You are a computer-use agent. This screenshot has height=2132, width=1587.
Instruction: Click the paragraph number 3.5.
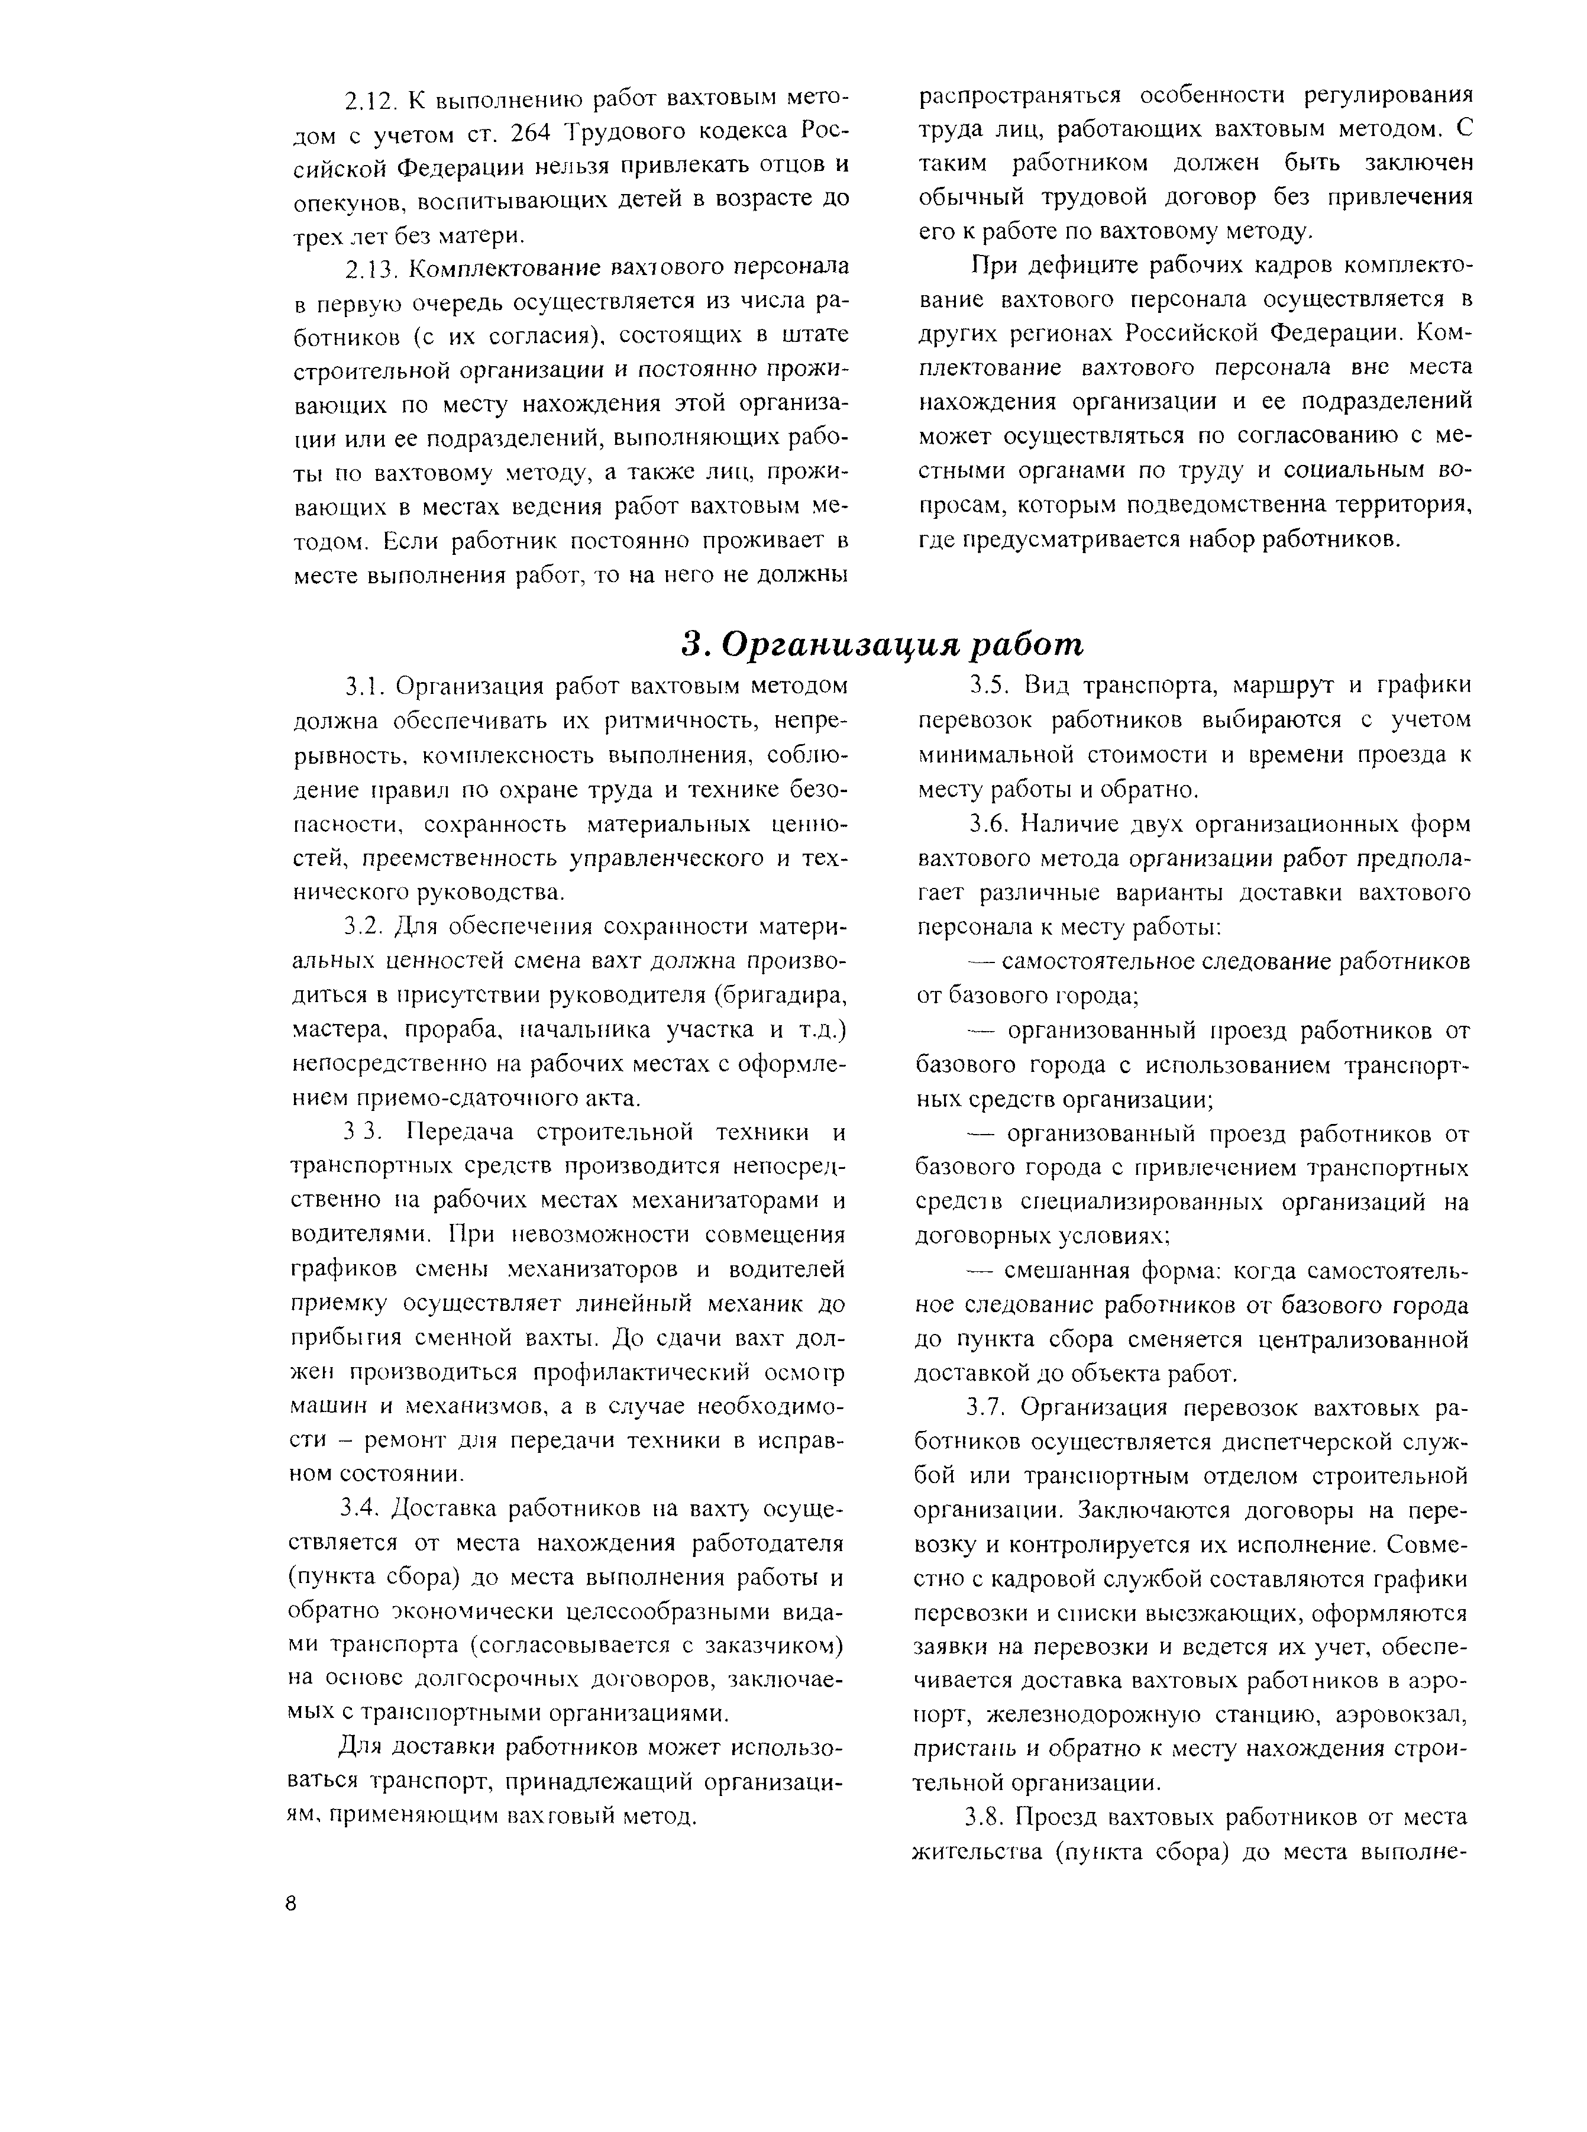988,686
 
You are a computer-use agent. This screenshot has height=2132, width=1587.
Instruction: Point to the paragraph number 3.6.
988,823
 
